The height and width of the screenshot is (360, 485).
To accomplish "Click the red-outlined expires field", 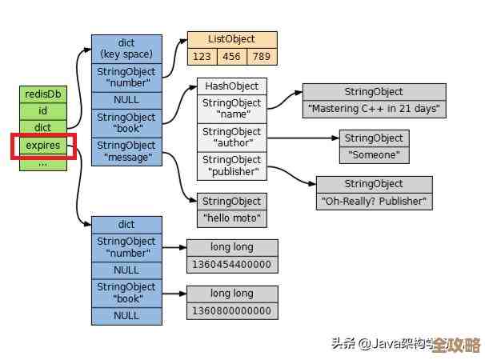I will [x=42, y=146].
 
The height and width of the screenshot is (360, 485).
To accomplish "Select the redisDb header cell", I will [x=42, y=94].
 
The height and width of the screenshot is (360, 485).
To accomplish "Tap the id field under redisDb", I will [x=42, y=110].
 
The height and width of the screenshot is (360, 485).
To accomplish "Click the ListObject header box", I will [x=232, y=39].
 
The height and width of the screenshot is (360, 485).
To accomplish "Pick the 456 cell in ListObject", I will [x=232, y=56].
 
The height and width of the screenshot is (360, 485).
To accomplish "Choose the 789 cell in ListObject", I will [x=262, y=56].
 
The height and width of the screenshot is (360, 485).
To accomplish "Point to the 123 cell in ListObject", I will [x=202, y=56].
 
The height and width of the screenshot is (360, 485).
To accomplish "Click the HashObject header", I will [x=232, y=86].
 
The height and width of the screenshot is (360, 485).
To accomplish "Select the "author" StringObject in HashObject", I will [x=232, y=138].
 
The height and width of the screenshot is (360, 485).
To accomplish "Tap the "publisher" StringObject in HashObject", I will [x=232, y=166].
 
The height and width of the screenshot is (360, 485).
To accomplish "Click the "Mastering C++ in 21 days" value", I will [x=374, y=109].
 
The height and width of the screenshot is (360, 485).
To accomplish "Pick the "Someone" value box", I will [x=374, y=155].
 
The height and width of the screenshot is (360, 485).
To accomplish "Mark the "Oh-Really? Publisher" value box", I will [x=374, y=202].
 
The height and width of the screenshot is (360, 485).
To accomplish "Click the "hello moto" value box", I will [x=231, y=218].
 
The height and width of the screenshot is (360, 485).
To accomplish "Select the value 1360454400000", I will [x=232, y=265].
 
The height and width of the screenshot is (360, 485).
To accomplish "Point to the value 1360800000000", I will [x=232, y=311].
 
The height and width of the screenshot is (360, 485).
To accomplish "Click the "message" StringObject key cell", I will [x=126, y=152].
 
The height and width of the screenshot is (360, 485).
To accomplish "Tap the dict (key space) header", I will [x=126, y=49].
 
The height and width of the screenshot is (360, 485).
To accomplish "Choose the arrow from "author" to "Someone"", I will [x=303, y=138].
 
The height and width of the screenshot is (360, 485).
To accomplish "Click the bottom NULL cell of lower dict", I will [x=126, y=316].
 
